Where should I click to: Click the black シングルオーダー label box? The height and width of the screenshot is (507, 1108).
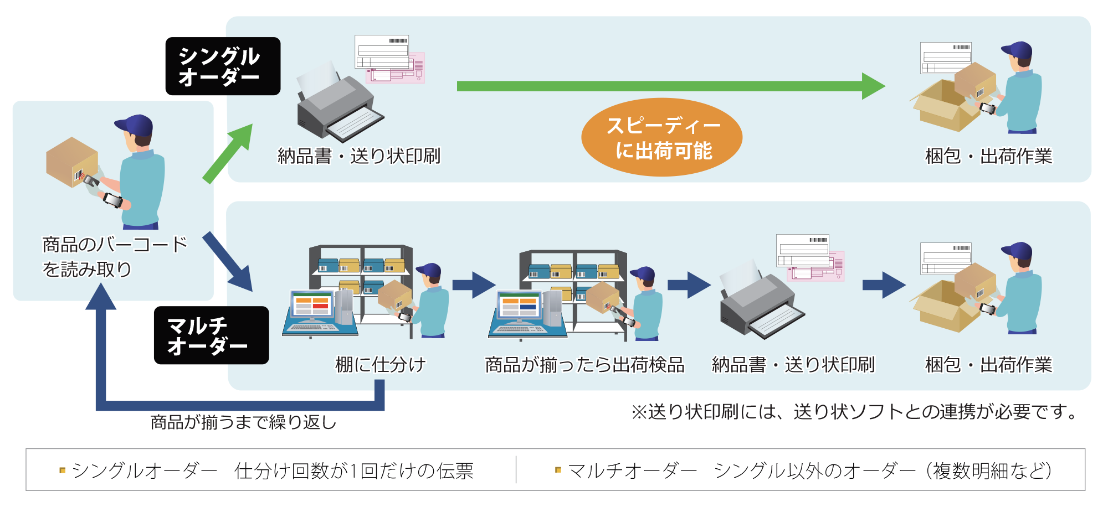point(223,66)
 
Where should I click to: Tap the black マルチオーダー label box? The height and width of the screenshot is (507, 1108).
point(211,335)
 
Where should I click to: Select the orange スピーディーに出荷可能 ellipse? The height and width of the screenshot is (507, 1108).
point(661,137)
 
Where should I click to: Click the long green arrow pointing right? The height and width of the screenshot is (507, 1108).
point(665,86)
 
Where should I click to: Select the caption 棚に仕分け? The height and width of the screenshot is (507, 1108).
point(381,365)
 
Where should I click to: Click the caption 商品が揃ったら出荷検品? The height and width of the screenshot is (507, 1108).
point(584,365)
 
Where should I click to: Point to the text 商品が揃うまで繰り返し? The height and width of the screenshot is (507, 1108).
point(244,422)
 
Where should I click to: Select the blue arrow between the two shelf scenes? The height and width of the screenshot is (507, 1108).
point(473,285)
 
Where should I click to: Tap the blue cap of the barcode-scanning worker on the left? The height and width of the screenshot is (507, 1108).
point(135,124)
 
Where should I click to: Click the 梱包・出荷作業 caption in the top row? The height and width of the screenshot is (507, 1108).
point(988,156)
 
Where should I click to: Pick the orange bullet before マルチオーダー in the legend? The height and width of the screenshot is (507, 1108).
point(558,470)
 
